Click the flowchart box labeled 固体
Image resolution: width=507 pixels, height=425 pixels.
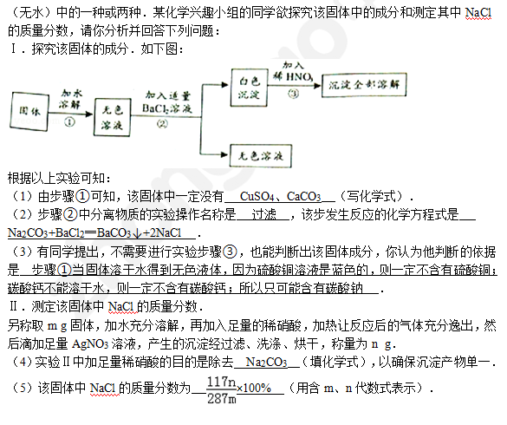[29, 111]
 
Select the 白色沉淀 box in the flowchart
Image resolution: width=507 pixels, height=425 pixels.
[250, 88]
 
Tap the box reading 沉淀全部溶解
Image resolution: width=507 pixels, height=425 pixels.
[364, 85]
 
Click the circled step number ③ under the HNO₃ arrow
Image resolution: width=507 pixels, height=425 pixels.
[293, 94]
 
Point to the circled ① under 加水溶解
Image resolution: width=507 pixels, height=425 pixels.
[69, 122]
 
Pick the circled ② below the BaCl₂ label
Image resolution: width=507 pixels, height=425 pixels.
[162, 124]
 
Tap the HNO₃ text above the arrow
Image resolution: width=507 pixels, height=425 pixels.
[299, 76]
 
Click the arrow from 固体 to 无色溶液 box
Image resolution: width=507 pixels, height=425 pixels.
[71, 114]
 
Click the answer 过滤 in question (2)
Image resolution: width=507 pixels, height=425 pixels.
[264, 214]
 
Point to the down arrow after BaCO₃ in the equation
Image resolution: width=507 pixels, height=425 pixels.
[137, 233]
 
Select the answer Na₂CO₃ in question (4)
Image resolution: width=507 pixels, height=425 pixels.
[266, 362]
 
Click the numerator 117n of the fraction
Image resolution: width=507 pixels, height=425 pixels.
[222, 382]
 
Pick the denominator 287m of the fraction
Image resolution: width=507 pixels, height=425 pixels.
[222, 398]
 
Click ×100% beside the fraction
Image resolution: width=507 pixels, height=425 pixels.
[254, 388]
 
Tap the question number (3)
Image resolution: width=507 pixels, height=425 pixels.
[22, 252]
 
